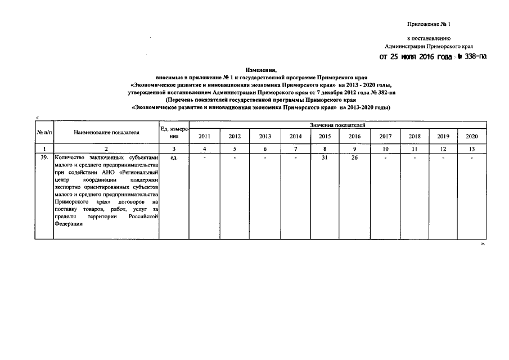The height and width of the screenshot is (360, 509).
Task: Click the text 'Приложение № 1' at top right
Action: click(x=429, y=24)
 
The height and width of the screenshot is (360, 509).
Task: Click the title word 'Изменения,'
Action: click(x=260, y=66)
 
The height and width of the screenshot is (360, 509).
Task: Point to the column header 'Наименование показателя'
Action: click(x=106, y=132)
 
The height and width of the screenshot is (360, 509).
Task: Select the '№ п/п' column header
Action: click(x=44, y=132)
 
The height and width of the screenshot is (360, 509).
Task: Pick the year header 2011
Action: click(x=204, y=136)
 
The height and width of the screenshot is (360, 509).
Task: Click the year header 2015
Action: click(x=325, y=136)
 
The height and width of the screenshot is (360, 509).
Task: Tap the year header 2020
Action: click(x=472, y=136)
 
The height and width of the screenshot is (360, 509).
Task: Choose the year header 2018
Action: click(x=415, y=136)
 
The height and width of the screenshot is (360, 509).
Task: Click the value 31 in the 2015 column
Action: click(x=325, y=157)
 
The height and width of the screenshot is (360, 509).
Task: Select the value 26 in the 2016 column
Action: click(x=354, y=157)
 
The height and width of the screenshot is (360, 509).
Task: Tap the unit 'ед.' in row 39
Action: click(x=173, y=157)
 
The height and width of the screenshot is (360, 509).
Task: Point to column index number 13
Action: click(x=472, y=148)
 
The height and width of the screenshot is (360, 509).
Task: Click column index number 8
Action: click(x=325, y=148)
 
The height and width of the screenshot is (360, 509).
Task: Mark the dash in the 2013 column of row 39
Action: click(x=264, y=157)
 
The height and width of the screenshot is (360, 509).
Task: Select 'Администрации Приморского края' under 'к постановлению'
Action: click(x=429, y=46)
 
